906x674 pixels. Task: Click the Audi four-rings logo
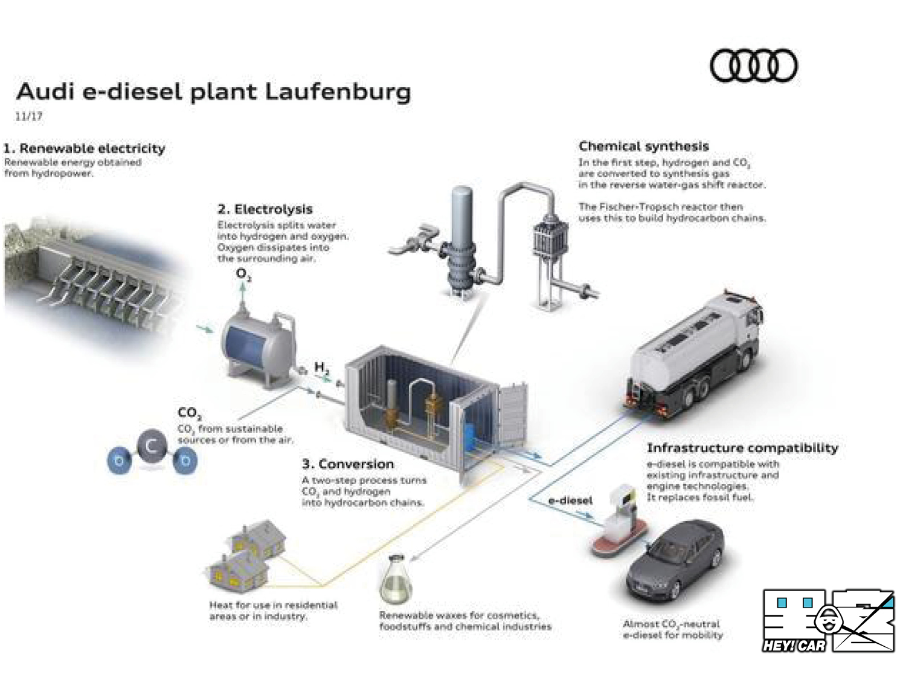[x=753, y=65]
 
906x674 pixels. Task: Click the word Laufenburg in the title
[x=338, y=92]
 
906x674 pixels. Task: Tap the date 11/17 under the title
[x=29, y=116]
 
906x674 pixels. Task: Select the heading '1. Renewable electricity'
[x=84, y=148]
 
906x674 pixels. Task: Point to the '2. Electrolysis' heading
[x=265, y=209]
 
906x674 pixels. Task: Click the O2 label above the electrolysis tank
[x=243, y=274]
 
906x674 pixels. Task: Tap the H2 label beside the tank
[x=321, y=368]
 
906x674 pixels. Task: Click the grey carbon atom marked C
[x=152, y=446]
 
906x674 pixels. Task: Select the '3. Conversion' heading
[x=347, y=464]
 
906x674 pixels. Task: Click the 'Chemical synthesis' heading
[x=643, y=146]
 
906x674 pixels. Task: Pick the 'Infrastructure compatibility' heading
[x=742, y=448]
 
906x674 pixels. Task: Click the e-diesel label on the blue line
[x=570, y=501]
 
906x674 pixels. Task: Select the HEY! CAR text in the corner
[x=794, y=645]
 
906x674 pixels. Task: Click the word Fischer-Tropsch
[x=634, y=207]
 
